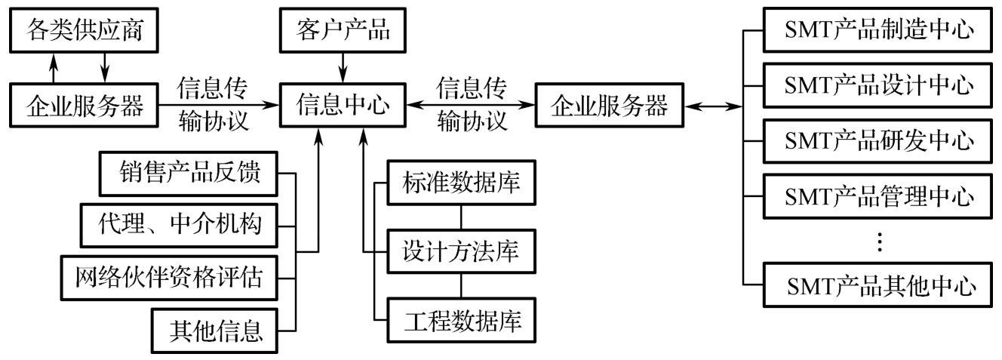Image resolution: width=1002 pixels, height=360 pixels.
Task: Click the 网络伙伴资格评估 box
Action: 168,275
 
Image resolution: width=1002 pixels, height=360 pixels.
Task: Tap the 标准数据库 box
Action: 462,182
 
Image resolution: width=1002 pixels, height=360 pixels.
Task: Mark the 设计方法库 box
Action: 462,251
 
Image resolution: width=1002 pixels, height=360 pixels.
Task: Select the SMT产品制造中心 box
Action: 878,31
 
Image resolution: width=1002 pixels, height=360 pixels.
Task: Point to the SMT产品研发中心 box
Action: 878,140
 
